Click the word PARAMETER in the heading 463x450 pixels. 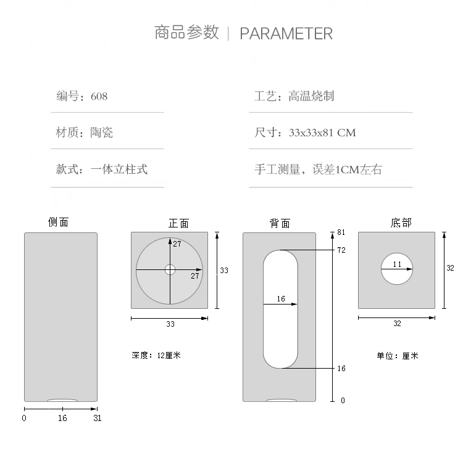pyautogui.click(x=286, y=33)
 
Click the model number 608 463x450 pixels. pyautogui.click(x=99, y=96)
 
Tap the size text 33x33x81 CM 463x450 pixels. pyautogui.click(x=322, y=133)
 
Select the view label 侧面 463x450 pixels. pyautogui.click(x=59, y=223)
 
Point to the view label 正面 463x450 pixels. pyautogui.click(x=179, y=223)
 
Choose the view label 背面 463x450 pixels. pyautogui.click(x=280, y=223)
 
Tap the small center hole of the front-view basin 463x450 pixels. pyautogui.click(x=170, y=269)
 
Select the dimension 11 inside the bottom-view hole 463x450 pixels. pyautogui.click(x=397, y=264)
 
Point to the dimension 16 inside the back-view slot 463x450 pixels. pyautogui.click(x=281, y=299)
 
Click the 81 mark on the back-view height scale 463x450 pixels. pyautogui.click(x=341, y=232)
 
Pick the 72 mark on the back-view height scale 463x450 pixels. pyautogui.click(x=341, y=250)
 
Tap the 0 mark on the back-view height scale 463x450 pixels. pyautogui.click(x=343, y=401)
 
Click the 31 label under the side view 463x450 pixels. pyautogui.click(x=97, y=418)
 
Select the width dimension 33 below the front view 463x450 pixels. pyautogui.click(x=170, y=324)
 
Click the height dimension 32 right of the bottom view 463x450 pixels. pyautogui.click(x=450, y=268)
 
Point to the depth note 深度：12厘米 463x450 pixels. pyautogui.click(x=156, y=355)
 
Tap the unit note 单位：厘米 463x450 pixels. pyautogui.click(x=398, y=356)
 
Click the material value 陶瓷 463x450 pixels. pyautogui.click(x=102, y=133)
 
